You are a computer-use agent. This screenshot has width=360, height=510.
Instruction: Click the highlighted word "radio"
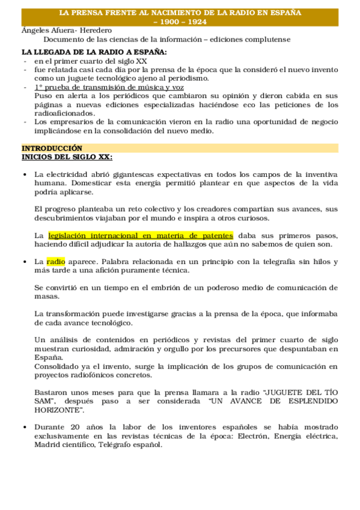56,262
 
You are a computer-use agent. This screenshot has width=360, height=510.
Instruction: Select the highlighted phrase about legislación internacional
141,235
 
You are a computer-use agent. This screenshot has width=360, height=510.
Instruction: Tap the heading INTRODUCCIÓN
52,148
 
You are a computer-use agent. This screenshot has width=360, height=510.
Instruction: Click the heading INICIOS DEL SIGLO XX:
67,156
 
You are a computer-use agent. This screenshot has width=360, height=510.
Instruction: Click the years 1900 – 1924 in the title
180,21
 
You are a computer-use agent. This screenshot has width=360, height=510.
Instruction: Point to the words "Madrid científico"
65,444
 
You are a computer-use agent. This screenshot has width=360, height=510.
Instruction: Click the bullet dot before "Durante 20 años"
23,427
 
